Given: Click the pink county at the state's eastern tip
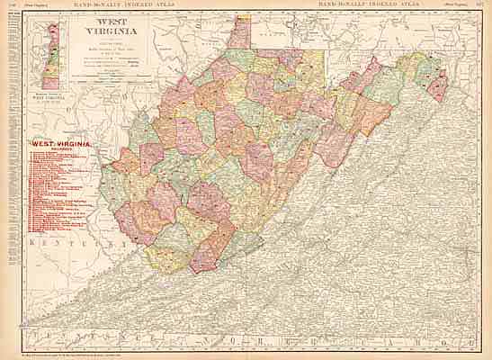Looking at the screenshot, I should [438, 85].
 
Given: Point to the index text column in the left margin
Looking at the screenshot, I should [10, 180].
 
